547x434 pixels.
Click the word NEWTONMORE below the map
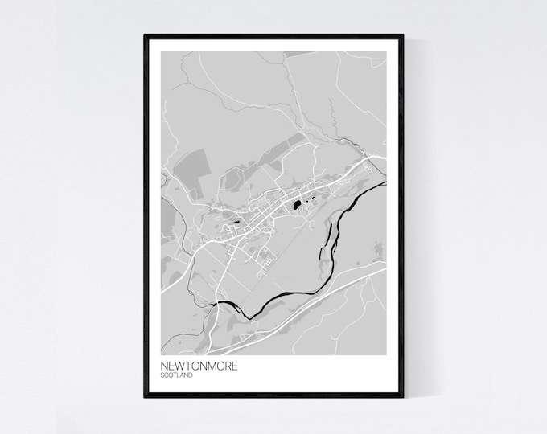click(199, 366)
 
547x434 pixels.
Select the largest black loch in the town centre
click(299, 206)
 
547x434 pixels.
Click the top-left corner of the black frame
click(146, 36)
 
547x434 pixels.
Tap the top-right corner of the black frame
click(401, 36)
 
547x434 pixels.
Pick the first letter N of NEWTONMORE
click(164, 366)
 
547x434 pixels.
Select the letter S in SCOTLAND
click(162, 375)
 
